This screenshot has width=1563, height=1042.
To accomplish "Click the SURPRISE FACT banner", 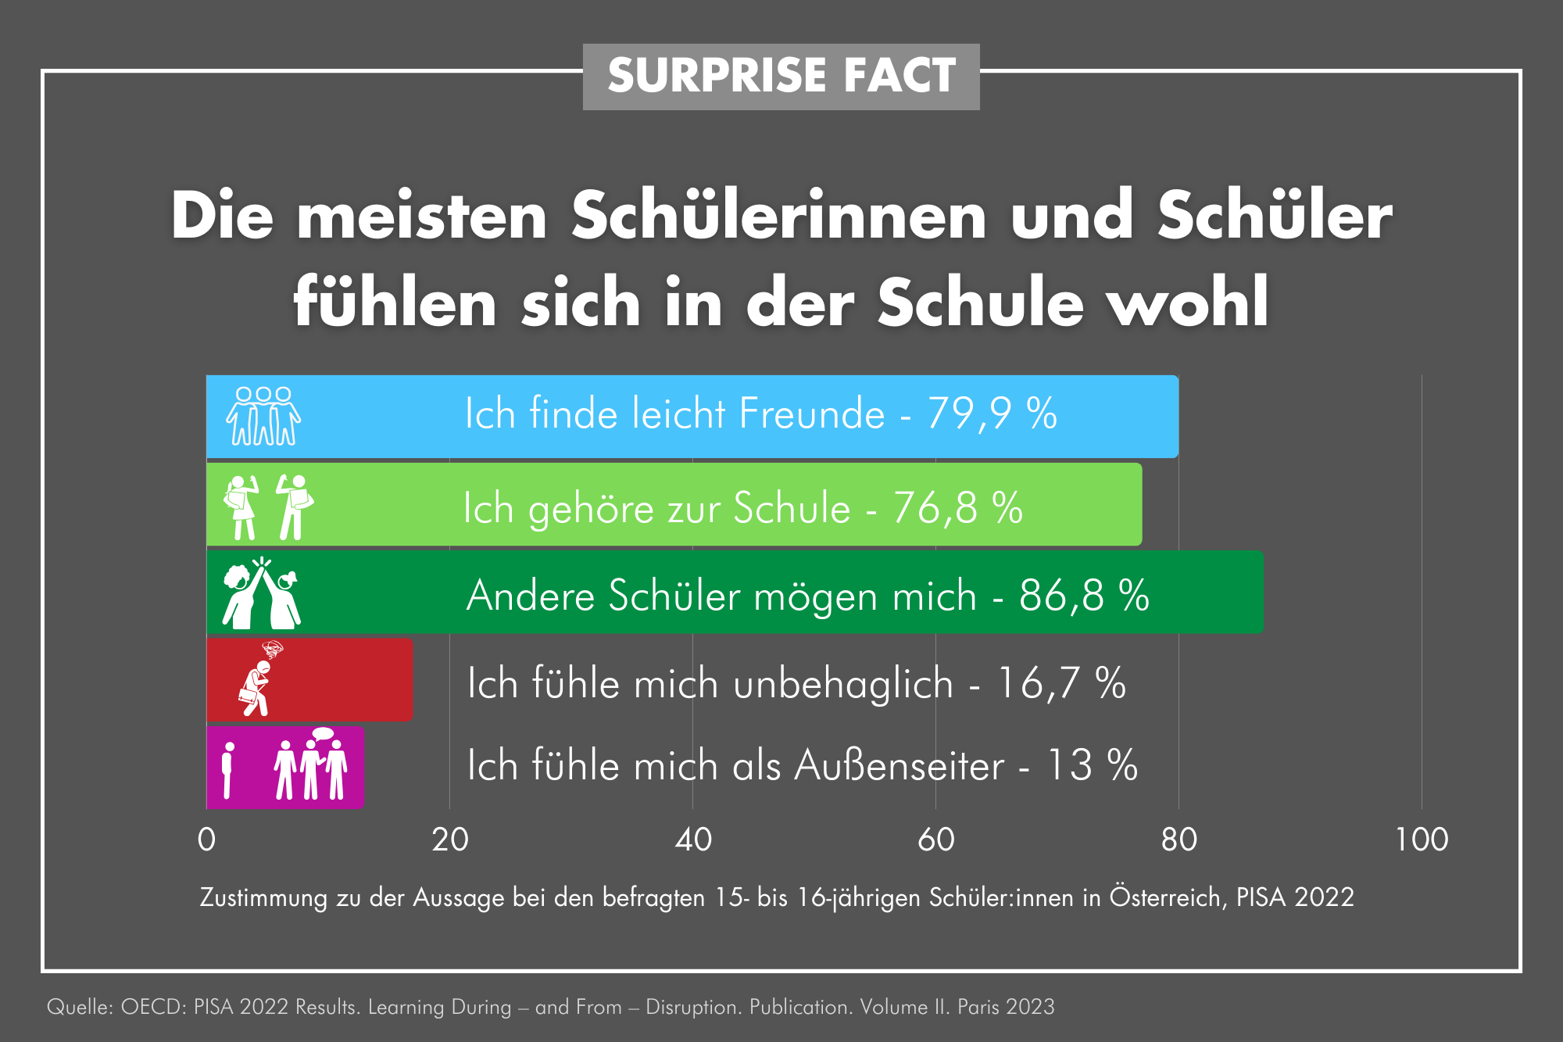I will point(781,76).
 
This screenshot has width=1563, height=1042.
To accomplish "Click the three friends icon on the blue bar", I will point(263,416).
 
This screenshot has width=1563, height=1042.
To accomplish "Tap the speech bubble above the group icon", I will point(322,734).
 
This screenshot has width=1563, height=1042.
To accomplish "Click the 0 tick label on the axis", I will point(206,840).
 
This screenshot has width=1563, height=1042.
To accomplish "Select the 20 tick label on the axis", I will point(450,840).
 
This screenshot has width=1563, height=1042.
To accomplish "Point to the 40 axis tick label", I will point(693,840).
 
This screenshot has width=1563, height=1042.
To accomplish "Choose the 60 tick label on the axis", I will point(936,840).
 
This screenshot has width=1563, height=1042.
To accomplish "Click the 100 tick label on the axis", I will point(1422,840).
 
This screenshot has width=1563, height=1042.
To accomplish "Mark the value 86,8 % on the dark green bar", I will point(1084,596).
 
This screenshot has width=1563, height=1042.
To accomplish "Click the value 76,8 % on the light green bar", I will point(957,508).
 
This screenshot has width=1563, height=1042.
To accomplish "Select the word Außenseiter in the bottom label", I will point(900,765).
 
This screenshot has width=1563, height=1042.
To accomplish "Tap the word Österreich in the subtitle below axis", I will point(1165,897).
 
